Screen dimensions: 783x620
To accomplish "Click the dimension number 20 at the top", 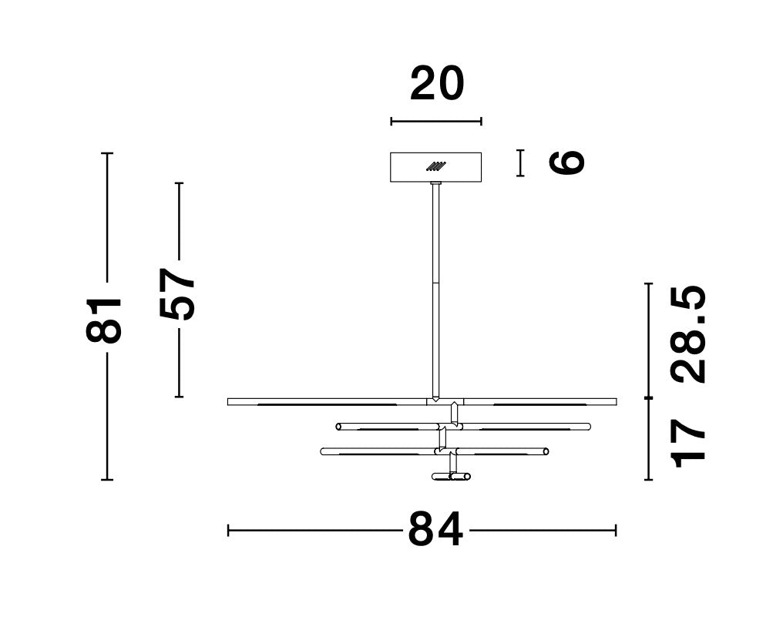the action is click(438, 83).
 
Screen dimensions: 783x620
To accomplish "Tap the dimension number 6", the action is click(566, 163).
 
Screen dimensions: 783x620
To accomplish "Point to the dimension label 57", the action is click(176, 293).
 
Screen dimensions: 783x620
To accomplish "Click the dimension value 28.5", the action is click(690, 334).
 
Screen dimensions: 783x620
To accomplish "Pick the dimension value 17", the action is click(690, 444).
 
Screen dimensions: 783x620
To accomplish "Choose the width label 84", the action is click(436, 530).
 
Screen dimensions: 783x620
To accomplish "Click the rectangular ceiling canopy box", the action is click(436, 167).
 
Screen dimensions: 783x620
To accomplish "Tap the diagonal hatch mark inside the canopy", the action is click(436, 166).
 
